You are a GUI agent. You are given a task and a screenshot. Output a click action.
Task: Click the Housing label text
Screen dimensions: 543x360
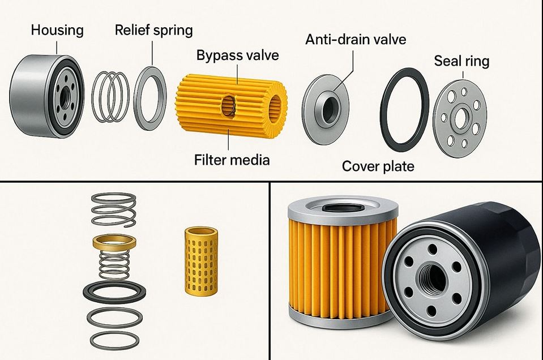tap(57, 31)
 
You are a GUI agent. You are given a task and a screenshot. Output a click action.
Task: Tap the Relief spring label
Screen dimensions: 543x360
tap(154, 30)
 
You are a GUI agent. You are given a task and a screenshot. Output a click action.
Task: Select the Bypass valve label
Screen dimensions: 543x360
tap(238, 55)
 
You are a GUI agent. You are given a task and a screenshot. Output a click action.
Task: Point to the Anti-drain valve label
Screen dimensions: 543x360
tap(356, 39)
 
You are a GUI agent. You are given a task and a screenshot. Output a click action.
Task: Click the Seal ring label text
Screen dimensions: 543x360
tap(461, 61)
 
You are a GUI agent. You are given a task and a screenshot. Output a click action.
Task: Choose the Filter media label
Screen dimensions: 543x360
tap(232, 160)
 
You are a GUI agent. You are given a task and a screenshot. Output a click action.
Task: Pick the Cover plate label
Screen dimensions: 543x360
tap(378, 166)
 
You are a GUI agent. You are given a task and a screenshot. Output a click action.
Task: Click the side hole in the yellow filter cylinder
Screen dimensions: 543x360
tap(229, 106)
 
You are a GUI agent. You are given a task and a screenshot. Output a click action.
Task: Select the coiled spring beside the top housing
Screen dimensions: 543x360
tap(110, 97)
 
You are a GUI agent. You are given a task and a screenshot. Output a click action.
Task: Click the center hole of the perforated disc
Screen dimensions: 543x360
tap(460, 119)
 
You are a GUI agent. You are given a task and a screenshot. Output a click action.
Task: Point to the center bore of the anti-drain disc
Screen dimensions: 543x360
tap(329, 110)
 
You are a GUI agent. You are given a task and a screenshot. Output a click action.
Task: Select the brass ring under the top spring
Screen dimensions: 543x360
tap(114, 242)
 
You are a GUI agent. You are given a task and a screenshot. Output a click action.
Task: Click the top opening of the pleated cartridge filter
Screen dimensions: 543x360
tap(343, 208)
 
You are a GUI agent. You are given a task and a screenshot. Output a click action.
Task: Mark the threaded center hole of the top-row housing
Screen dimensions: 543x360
tap(65, 98)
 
